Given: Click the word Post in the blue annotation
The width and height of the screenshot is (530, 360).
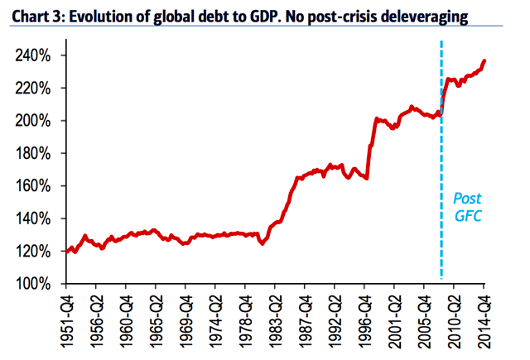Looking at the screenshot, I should click(467, 199).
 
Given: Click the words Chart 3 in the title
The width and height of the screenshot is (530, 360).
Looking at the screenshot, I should click(33, 15).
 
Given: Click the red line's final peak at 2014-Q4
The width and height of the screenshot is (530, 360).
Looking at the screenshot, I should click(484, 60).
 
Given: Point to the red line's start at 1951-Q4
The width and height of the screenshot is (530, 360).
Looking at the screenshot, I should click(67, 251).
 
